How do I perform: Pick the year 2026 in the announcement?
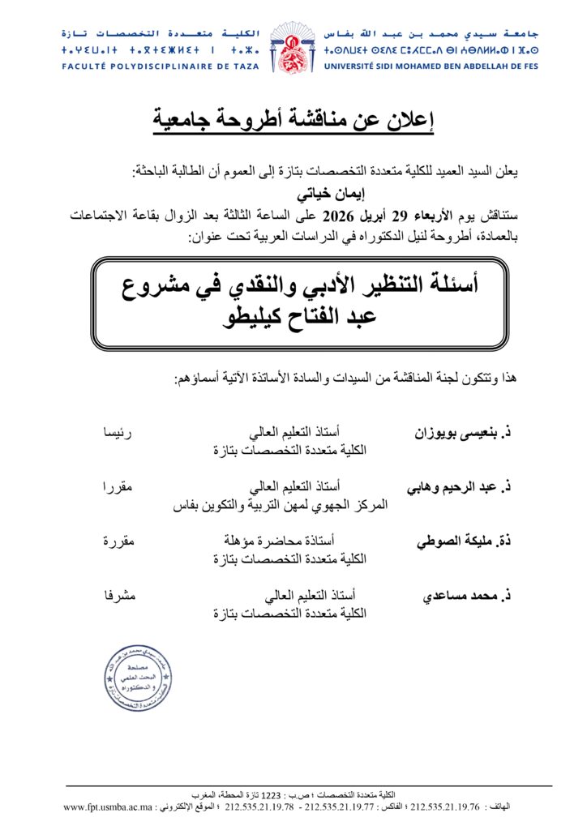point(340,216)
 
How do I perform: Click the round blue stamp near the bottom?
point(137,678)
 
